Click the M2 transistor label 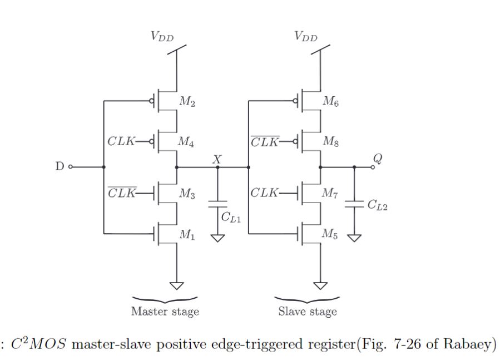click(x=187, y=102)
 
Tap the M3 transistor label click(x=187, y=194)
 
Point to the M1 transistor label click(x=187, y=234)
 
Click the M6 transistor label click(x=330, y=102)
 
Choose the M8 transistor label click(x=331, y=142)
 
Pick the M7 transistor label click(x=331, y=194)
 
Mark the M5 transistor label click(x=331, y=234)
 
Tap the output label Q click(x=378, y=158)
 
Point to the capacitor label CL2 click(x=377, y=205)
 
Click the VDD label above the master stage click(x=162, y=37)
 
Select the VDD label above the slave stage click(x=306, y=37)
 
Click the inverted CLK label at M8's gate click(x=265, y=142)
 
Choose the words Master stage click(x=165, y=312)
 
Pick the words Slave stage click(x=308, y=312)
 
